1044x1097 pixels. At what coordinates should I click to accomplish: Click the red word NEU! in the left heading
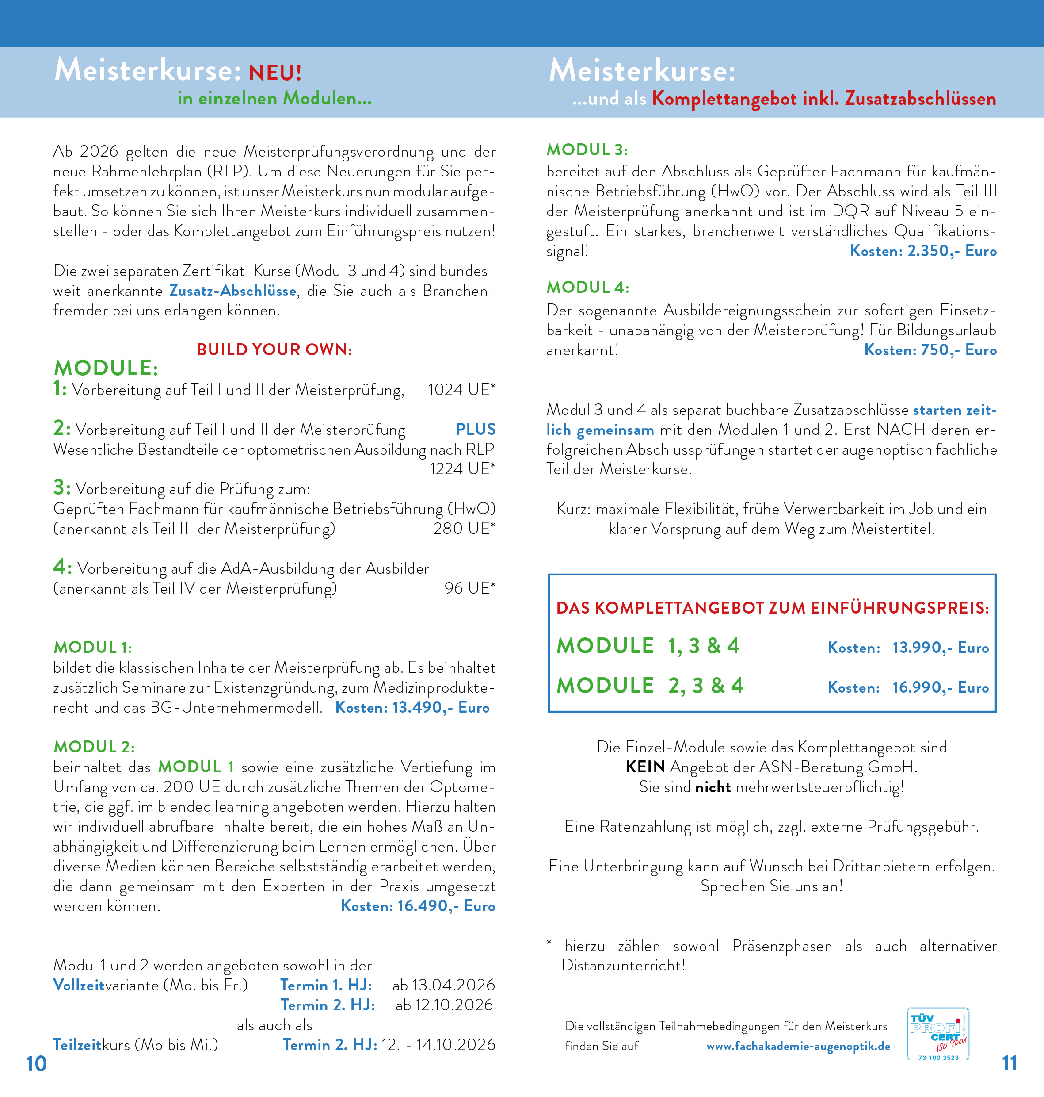(275, 73)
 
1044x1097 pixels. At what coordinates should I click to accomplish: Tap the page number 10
(36, 1063)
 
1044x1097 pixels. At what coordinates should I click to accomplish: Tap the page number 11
(1009, 1063)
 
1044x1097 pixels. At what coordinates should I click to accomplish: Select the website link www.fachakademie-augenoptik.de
(798, 1046)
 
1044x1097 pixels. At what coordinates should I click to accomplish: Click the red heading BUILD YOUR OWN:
(274, 350)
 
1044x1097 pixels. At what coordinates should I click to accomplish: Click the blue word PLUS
(476, 430)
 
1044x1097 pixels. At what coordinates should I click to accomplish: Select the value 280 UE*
(464, 529)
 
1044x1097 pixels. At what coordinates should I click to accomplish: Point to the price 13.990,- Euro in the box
(941, 648)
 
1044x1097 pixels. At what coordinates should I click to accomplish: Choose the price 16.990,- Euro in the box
(941, 687)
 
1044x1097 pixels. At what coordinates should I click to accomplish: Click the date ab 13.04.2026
(443, 985)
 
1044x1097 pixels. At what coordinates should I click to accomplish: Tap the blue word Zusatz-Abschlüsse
(232, 291)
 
